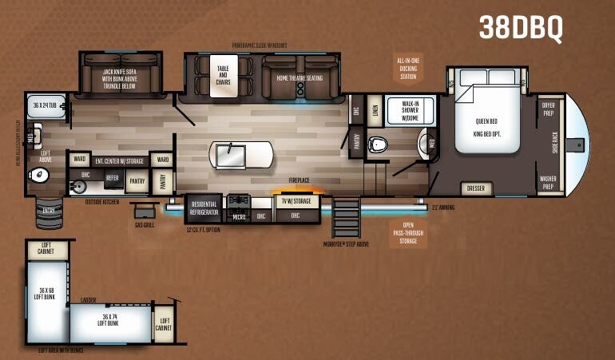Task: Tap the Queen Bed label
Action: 486,121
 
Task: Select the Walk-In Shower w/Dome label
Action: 412,110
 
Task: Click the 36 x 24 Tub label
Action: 46,105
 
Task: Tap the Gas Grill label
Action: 144,226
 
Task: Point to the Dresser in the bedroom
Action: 475,188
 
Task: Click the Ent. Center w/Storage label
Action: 117,160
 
